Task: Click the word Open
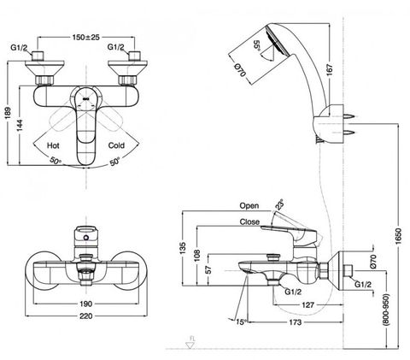(249, 206)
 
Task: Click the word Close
(249, 221)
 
